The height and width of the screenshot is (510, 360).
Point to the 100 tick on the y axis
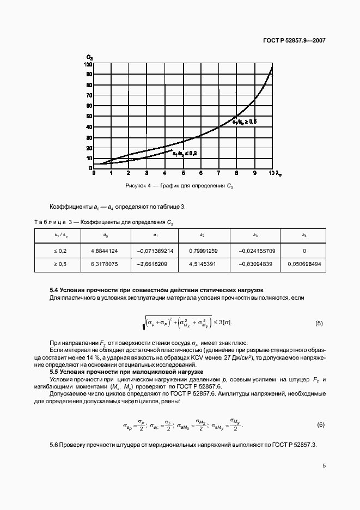coord(88,64)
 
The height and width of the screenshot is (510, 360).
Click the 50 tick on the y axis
coord(89,116)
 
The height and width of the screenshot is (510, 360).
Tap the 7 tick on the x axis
coord(218,173)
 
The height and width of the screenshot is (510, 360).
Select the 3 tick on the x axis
coord(147,173)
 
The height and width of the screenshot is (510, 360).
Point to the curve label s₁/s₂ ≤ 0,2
coord(184,154)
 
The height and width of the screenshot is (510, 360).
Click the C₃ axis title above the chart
coord(89,57)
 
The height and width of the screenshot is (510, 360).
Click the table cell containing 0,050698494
coord(303,264)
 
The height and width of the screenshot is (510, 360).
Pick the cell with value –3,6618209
coord(155,264)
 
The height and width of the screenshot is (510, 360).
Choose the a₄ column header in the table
coord(303,235)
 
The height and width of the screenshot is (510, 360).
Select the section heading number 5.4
coord(54,290)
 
